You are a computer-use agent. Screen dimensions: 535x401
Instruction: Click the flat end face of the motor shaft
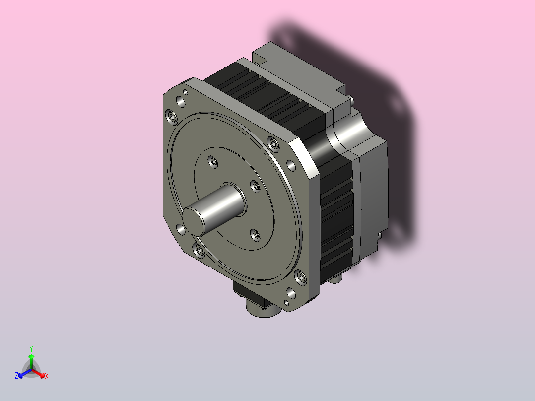(193, 221)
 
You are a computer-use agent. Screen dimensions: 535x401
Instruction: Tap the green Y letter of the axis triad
(31, 349)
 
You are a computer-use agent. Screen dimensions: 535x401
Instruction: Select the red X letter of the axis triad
(47, 376)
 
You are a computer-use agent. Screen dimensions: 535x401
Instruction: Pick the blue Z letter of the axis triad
(16, 376)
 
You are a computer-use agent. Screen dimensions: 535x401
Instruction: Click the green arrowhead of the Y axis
(31, 356)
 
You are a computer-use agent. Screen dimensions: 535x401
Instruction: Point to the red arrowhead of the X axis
(42, 375)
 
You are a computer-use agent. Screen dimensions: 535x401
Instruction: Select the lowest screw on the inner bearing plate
(255, 235)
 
